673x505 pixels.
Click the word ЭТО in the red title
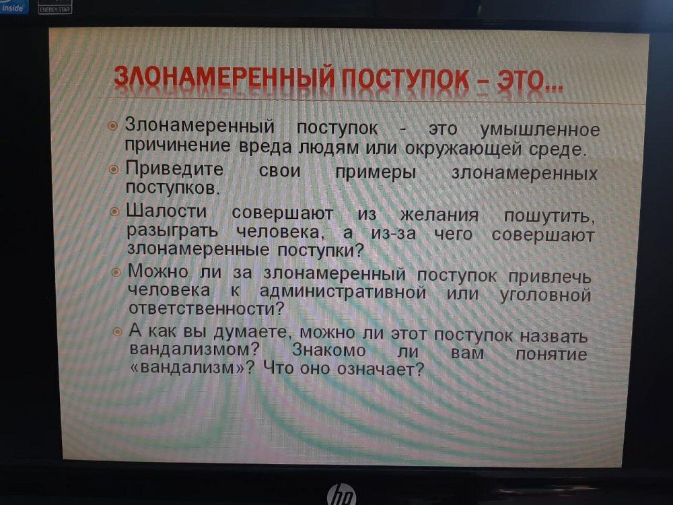(530, 80)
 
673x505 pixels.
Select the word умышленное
(540, 130)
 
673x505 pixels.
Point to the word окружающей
(463, 149)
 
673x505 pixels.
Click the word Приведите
(174, 169)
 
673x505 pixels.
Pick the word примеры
(376, 172)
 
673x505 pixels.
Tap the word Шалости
(166, 211)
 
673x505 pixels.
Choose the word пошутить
(549, 216)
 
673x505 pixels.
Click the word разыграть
(172, 232)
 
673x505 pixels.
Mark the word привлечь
(550, 277)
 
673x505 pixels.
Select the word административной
(343, 292)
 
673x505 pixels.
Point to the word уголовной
(546, 295)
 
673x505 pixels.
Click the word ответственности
(206, 308)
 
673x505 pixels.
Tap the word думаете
(250, 332)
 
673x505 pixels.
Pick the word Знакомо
(329, 350)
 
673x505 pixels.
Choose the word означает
(380, 369)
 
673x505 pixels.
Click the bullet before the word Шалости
(114, 211)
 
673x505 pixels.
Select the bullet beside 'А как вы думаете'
(117, 332)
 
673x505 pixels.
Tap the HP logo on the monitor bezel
(342, 494)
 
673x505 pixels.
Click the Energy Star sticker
(55, 7)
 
